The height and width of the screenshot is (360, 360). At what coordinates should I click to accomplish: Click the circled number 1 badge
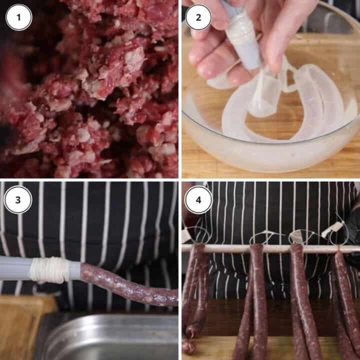[x=18, y=17]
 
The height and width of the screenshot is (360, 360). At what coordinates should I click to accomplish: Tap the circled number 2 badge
[x=198, y=17]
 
